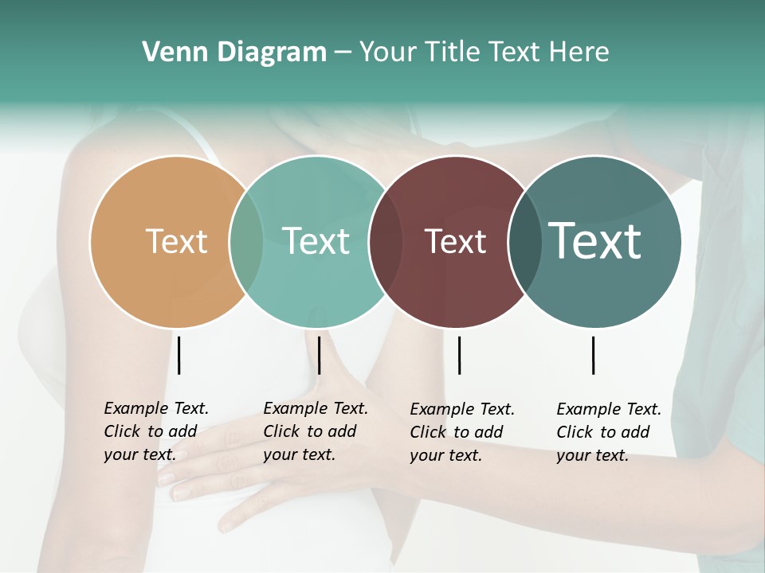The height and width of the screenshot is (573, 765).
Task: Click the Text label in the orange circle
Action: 176,241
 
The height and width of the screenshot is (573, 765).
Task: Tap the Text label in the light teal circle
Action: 316,241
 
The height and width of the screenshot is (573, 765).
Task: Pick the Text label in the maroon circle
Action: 455,242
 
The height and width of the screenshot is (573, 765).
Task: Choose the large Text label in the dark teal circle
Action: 595,241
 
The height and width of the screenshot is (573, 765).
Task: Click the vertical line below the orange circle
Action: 179,355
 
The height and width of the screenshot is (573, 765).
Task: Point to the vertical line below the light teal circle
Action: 319,355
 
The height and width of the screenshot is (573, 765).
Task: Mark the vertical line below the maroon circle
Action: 459,355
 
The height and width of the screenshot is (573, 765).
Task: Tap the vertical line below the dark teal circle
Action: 594,355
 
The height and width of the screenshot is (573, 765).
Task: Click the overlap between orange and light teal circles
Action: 246,241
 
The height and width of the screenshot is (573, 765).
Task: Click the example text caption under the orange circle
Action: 156,431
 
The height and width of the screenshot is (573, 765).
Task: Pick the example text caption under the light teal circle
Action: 316,431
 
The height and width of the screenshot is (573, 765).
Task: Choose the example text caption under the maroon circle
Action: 462,432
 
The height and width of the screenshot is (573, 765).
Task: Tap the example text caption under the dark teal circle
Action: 609,432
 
